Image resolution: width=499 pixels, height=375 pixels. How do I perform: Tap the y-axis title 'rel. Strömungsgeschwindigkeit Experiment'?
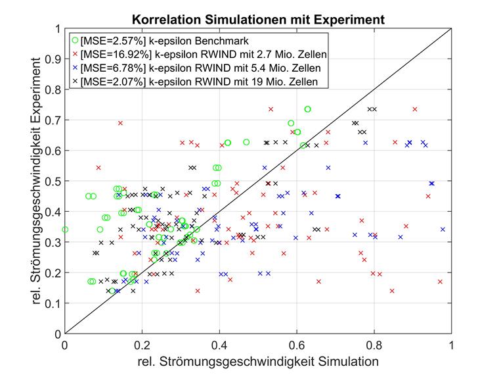tap(45, 181)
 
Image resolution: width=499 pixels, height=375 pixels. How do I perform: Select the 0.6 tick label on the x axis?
tap(297, 344)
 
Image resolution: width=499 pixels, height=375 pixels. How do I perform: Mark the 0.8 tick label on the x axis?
tap(374, 344)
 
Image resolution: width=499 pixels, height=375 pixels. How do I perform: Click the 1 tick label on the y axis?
tap(59, 29)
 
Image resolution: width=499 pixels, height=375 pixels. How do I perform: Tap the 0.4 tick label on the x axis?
tap(219, 344)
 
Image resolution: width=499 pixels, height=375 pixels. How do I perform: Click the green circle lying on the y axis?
tap(64, 230)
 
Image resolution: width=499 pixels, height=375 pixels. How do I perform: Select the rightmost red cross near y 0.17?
tap(440, 282)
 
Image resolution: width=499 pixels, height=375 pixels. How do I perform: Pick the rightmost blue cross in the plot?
tap(443, 230)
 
